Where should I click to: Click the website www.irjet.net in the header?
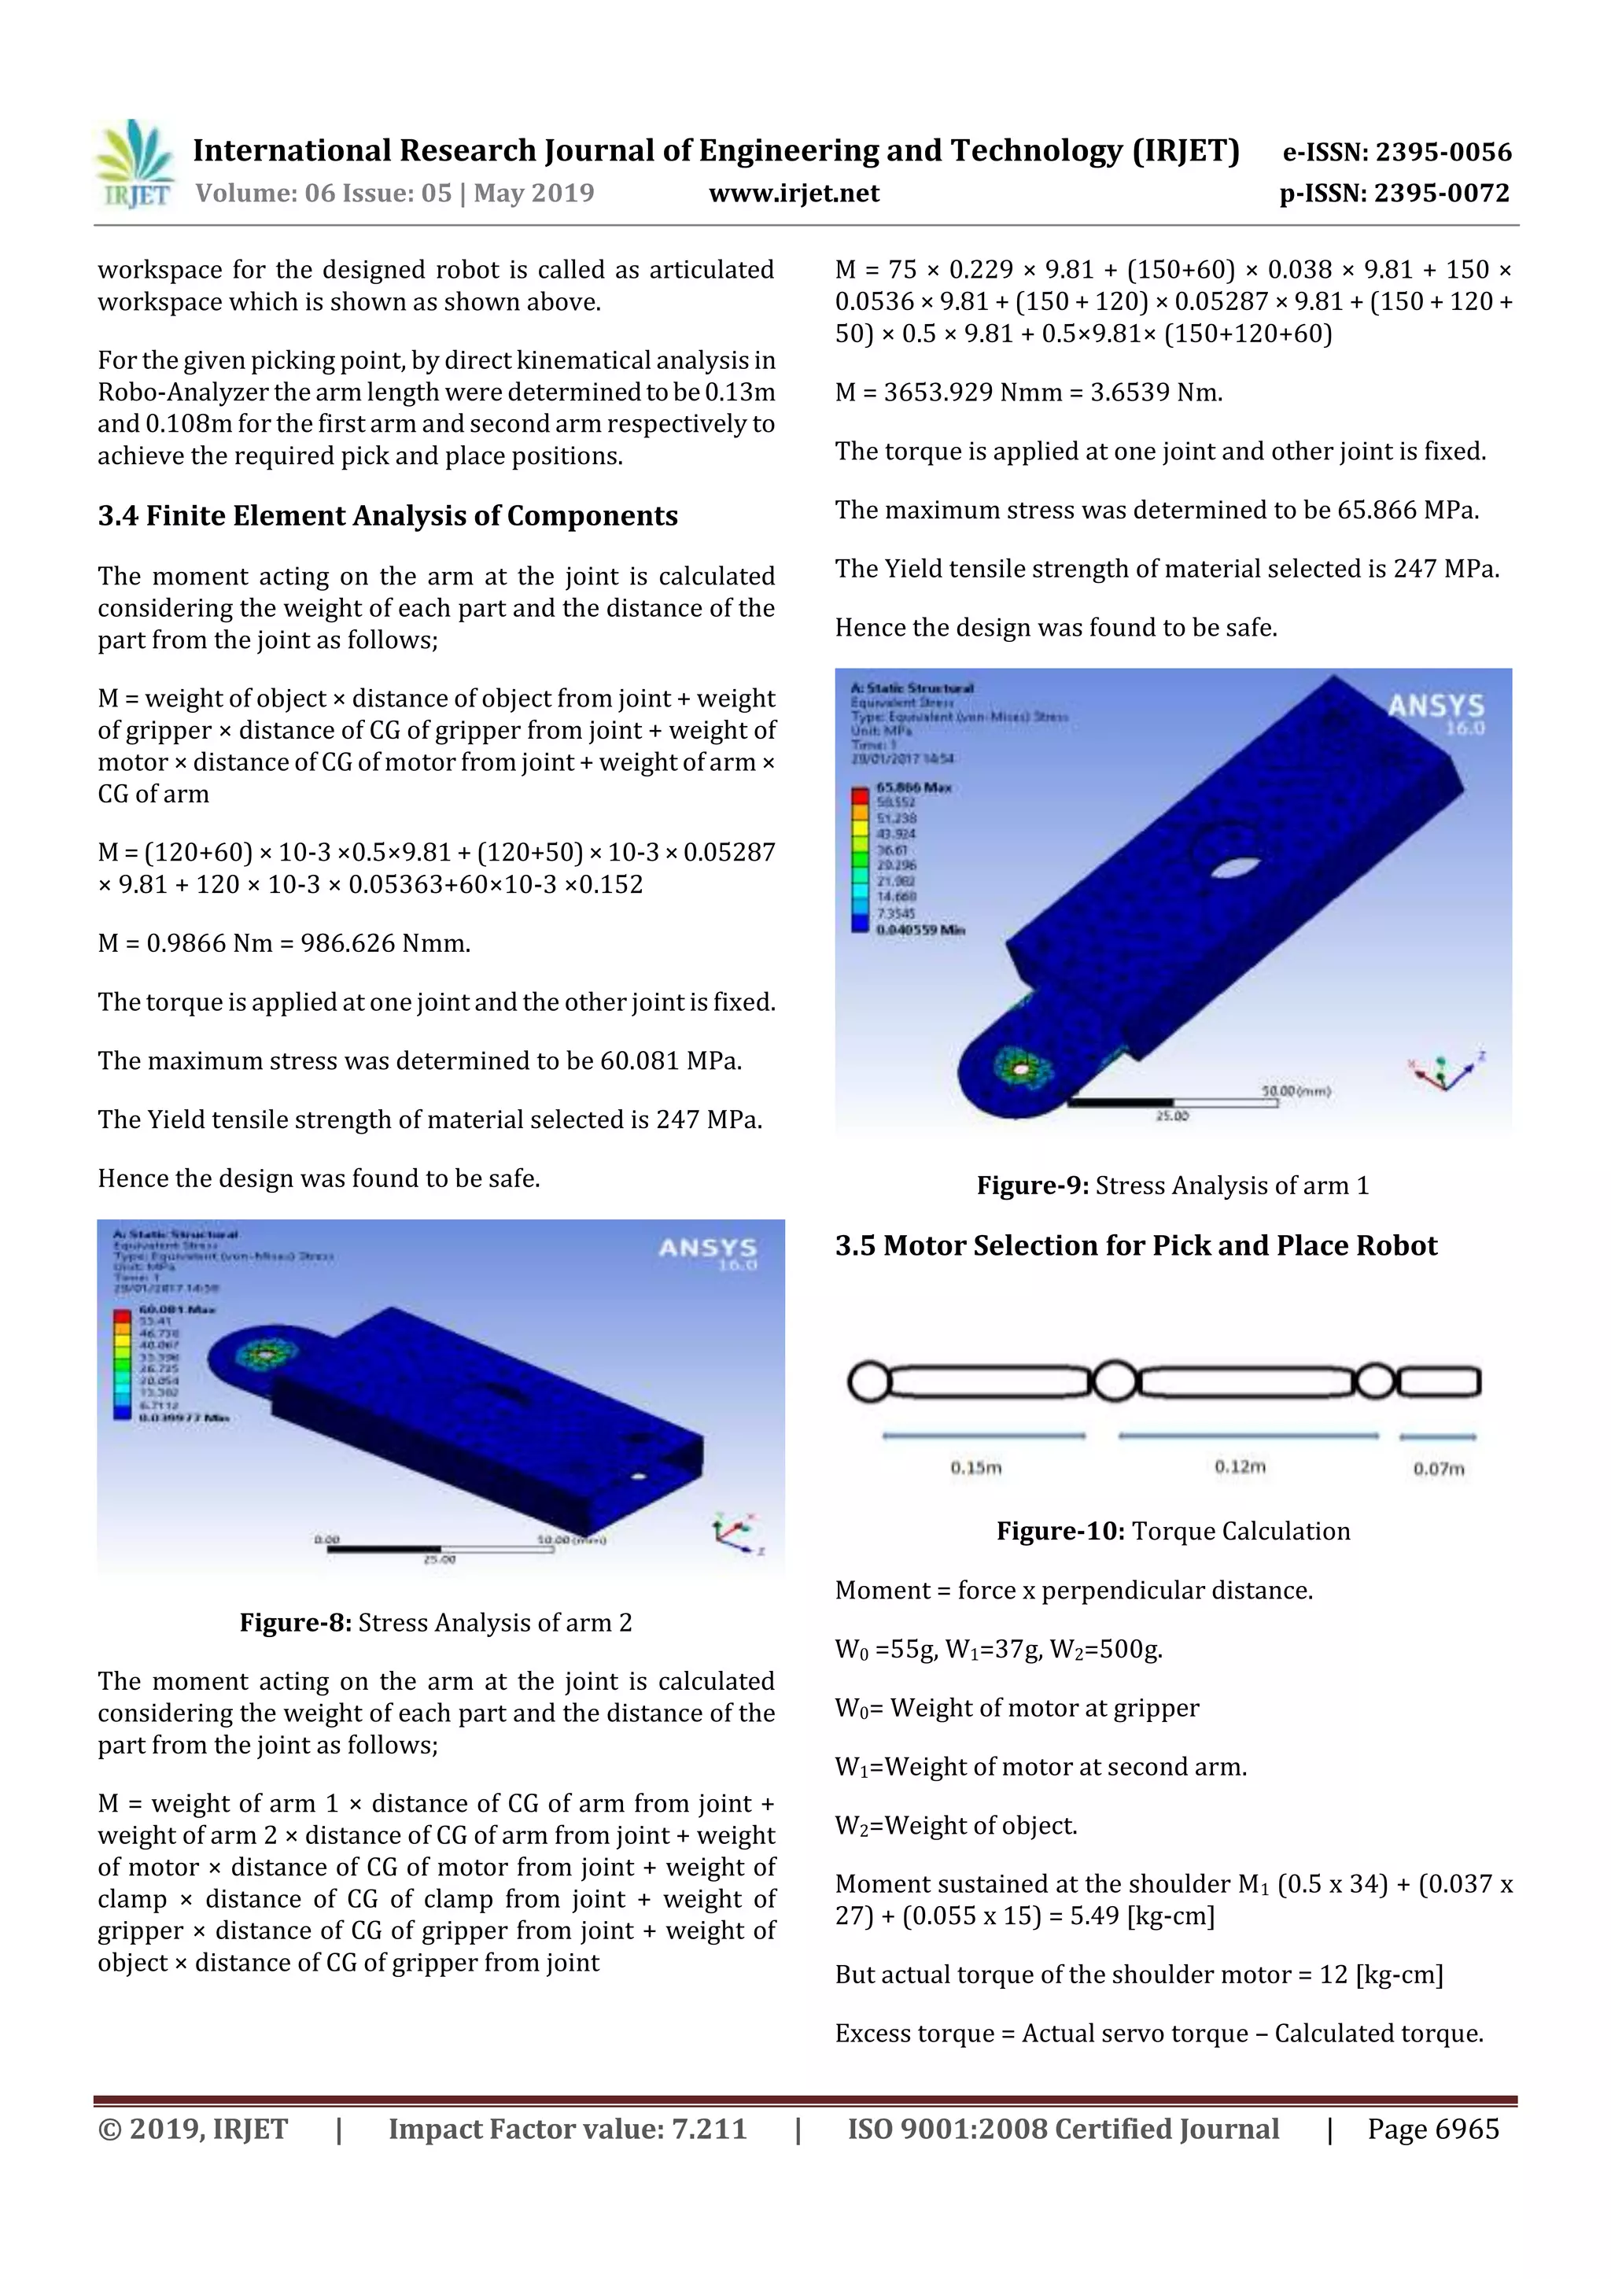793,194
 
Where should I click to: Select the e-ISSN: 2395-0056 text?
1396,152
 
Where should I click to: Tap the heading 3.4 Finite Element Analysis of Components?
387,516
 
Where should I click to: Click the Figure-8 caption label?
295,1623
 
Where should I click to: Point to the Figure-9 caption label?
1032,1186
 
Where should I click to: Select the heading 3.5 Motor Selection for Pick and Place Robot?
1136,1246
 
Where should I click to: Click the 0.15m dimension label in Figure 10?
975,1468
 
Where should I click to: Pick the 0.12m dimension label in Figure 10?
1240,1467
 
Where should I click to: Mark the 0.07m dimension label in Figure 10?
1438,1469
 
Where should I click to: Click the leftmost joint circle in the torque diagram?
868,1381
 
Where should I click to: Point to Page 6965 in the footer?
1432,2129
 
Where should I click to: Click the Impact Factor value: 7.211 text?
567,2129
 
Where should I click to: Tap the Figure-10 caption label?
1059,1532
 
